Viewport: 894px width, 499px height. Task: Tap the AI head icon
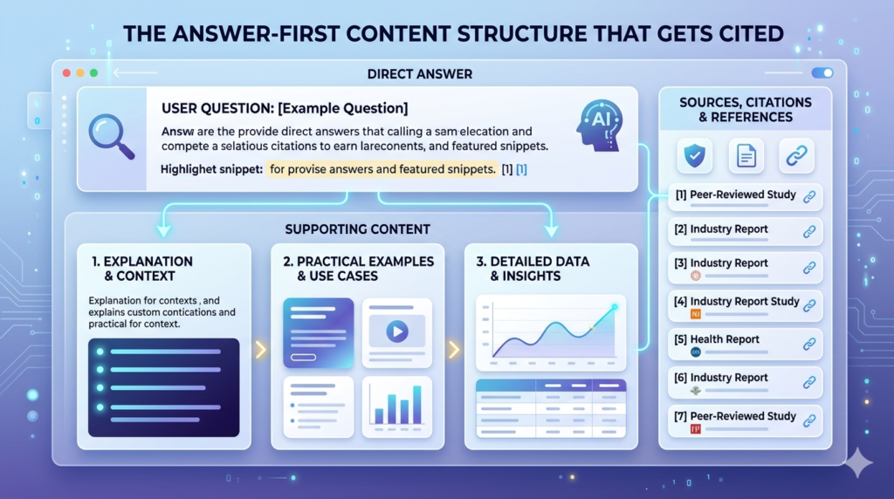pos(600,124)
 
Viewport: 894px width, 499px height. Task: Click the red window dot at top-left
pos(66,73)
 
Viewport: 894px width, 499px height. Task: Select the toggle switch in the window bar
pos(822,73)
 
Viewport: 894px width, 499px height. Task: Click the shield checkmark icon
pos(695,156)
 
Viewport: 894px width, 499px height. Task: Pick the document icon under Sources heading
pos(746,156)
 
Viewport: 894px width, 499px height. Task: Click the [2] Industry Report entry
pos(745,233)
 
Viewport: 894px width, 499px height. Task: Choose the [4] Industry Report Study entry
pos(745,305)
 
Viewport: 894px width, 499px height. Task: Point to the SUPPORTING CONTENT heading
pos(357,229)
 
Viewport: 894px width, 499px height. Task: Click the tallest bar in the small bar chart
pos(416,404)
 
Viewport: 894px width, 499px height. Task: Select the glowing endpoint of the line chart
pos(614,307)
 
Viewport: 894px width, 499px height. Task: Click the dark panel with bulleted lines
pos(163,387)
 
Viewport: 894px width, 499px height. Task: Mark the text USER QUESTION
pos(217,108)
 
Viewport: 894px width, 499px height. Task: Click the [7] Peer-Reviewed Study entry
pos(745,420)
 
